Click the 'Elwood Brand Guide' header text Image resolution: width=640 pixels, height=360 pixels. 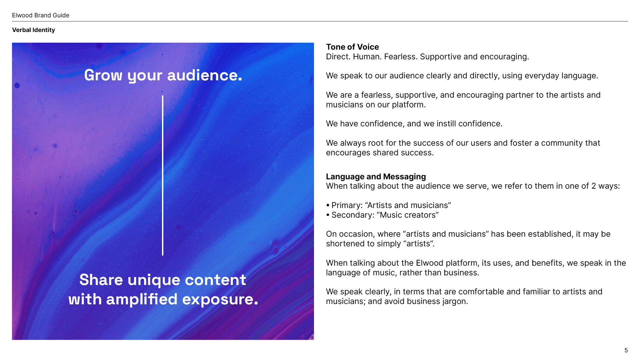pos(41,15)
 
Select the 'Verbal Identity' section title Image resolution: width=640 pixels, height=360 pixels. pos(33,30)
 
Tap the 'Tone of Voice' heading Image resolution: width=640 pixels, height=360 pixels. pos(352,47)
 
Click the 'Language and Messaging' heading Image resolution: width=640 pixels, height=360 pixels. pos(376,177)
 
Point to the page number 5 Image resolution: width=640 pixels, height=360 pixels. pos(626,350)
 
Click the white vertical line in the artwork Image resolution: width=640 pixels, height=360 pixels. pos(163,175)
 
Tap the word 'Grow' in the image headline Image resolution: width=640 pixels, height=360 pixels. pos(103,75)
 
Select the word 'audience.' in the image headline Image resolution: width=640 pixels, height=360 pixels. pos(204,75)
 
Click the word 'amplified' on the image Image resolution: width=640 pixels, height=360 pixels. pos(142,299)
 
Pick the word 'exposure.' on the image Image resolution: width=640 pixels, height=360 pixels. pos(220,299)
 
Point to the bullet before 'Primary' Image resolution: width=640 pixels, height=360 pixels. pos(328,205)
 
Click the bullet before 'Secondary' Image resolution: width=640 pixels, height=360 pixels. pos(328,215)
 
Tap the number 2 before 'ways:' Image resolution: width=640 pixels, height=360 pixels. pos(594,186)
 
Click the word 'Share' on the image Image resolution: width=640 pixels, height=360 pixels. pos(101,280)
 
